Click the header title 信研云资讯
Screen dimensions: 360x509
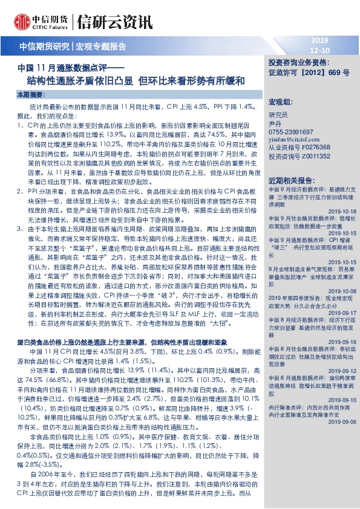coord(115,23)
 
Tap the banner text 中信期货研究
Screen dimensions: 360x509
coord(45,47)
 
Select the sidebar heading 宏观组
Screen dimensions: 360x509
coord(280,100)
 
